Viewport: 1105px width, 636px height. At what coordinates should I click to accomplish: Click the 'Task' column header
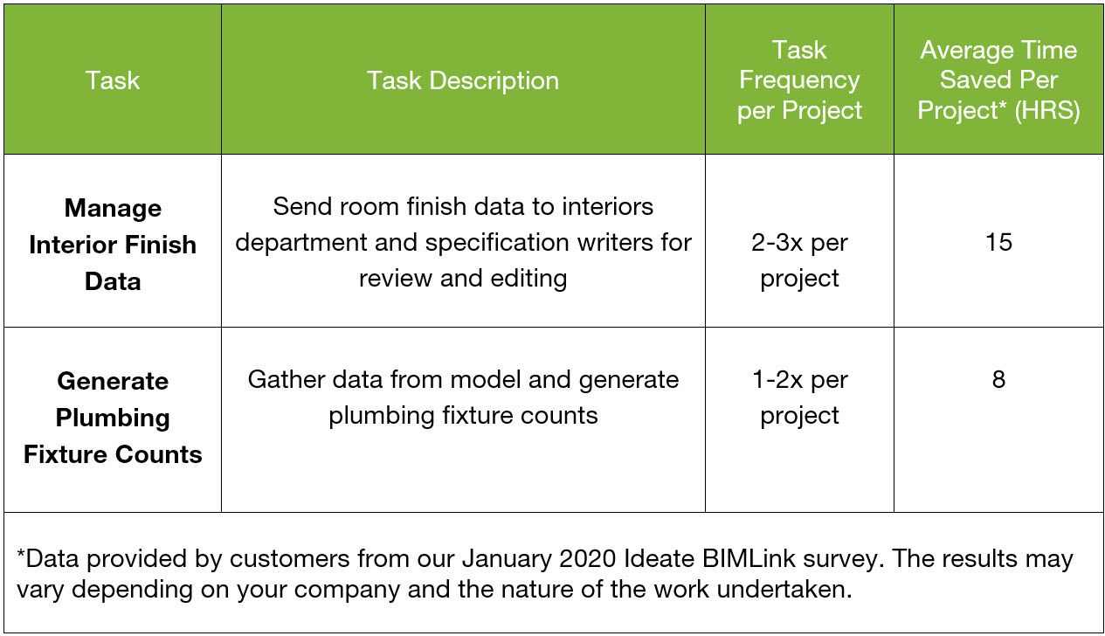pyautogui.click(x=113, y=79)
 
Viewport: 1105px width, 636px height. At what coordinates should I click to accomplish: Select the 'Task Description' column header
pyautogui.click(x=463, y=80)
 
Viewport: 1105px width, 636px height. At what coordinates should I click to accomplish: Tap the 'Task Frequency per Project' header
pyautogui.click(x=799, y=79)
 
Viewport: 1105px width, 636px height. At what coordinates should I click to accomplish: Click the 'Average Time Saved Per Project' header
pyautogui.click(x=998, y=79)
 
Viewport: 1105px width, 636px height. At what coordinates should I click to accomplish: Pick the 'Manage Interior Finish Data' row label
pyautogui.click(x=113, y=245)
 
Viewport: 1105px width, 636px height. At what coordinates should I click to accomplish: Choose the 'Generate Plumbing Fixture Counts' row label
pyautogui.click(x=113, y=418)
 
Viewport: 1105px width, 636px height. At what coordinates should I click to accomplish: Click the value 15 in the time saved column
pyautogui.click(x=998, y=242)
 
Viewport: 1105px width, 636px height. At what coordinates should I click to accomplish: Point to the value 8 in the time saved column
pyautogui.click(x=998, y=379)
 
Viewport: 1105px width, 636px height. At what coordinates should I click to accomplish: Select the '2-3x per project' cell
pyautogui.click(x=799, y=260)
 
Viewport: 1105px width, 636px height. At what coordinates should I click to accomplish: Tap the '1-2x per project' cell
pyautogui.click(x=799, y=397)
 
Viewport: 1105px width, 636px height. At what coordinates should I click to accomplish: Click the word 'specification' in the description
pyautogui.click(x=497, y=243)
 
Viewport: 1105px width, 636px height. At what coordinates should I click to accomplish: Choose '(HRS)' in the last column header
pyautogui.click(x=1047, y=110)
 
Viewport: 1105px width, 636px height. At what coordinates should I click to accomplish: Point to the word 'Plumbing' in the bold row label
pyautogui.click(x=113, y=418)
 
